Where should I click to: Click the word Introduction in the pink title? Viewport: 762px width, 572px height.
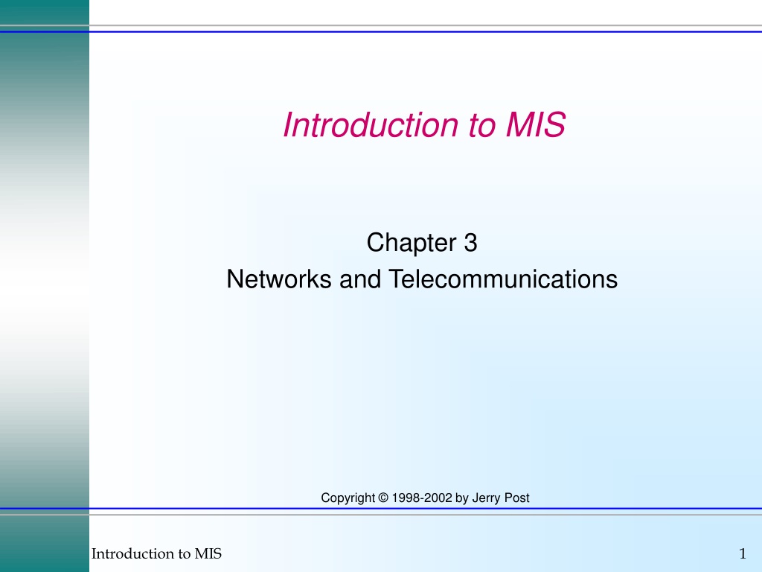click(x=371, y=125)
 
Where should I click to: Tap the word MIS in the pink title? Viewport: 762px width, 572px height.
click(x=536, y=125)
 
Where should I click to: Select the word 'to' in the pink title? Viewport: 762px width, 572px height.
click(x=482, y=126)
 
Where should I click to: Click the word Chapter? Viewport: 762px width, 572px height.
click(x=411, y=243)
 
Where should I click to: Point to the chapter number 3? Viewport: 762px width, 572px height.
click(x=470, y=243)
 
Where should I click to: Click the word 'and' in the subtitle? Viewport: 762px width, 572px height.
click(x=360, y=279)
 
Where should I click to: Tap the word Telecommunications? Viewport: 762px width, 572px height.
click(x=503, y=279)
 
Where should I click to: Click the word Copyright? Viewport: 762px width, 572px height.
click(x=348, y=498)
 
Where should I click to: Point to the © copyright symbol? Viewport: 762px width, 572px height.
click(x=383, y=498)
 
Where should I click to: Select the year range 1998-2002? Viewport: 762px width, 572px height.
click(x=422, y=498)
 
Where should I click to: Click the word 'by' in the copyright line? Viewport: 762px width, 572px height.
click(x=461, y=498)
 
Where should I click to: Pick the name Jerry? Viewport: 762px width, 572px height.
click(x=486, y=498)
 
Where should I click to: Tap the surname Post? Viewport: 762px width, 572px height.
click(x=516, y=498)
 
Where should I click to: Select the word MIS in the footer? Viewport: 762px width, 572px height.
click(x=208, y=553)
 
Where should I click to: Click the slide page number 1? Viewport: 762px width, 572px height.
click(x=743, y=553)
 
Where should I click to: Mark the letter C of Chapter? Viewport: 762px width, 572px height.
click(x=375, y=243)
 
